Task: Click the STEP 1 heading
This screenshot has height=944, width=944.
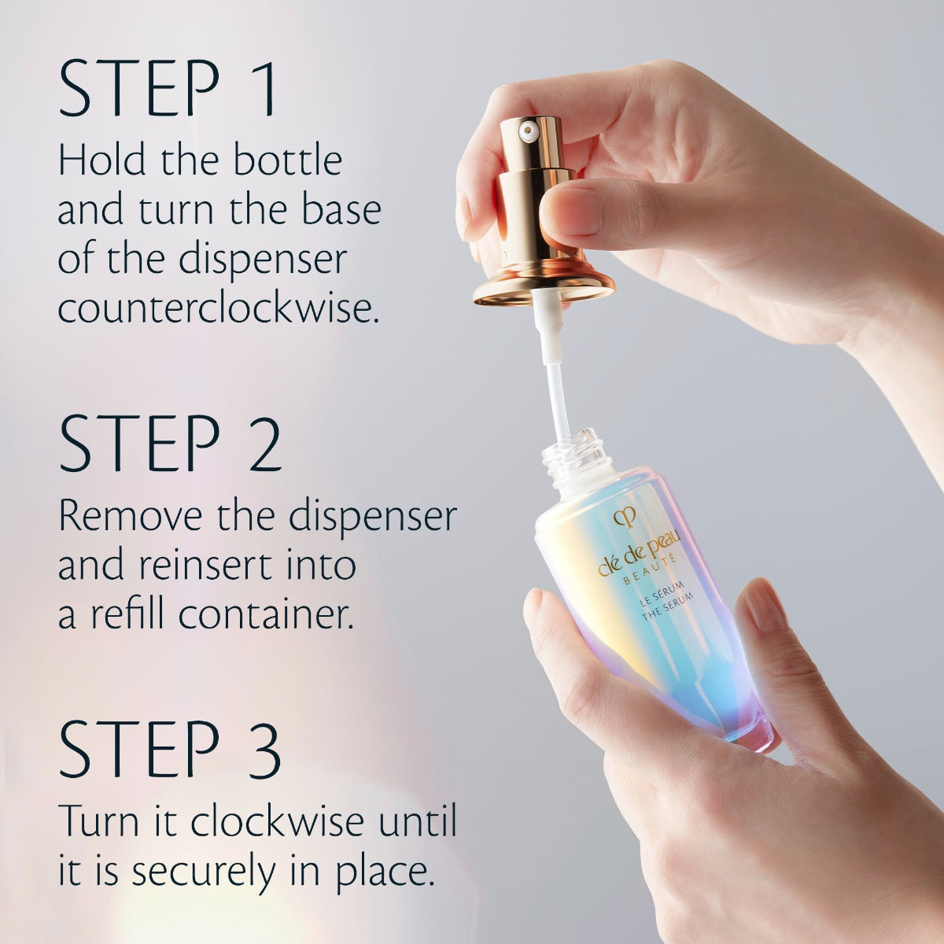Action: pyautogui.click(x=168, y=89)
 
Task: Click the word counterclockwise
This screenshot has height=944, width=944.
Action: pyautogui.click(x=219, y=309)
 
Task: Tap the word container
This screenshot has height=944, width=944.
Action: pyautogui.click(x=264, y=614)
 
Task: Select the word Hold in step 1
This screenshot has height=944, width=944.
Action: pyautogui.click(x=101, y=161)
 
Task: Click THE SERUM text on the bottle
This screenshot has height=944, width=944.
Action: pyautogui.click(x=667, y=608)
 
